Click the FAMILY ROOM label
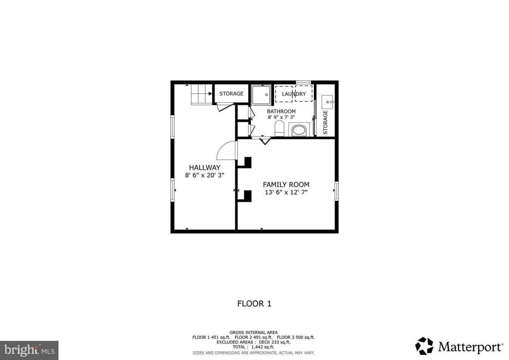point(286,185)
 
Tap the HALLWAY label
point(205,168)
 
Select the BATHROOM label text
point(281,111)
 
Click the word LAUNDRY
point(294,94)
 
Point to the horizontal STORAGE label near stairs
point(231,94)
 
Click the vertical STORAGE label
point(326,122)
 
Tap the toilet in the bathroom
point(280,128)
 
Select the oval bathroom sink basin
point(299,130)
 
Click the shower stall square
point(261,95)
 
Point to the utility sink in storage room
point(327,102)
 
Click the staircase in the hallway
point(202,94)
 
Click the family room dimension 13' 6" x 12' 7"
point(286,192)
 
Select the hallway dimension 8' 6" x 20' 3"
point(205,175)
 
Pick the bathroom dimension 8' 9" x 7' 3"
point(281,117)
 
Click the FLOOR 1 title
point(254,304)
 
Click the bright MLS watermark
point(29,350)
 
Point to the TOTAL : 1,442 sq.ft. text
point(253,347)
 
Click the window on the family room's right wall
point(337,191)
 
